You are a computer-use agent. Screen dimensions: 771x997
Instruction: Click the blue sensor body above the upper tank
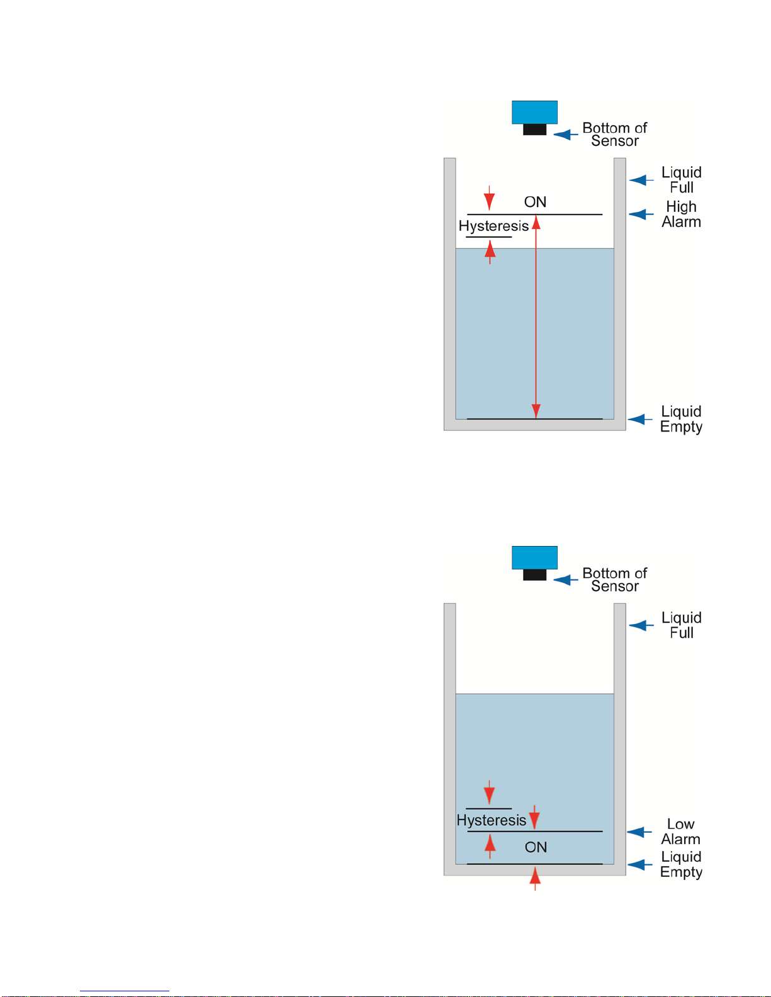534,112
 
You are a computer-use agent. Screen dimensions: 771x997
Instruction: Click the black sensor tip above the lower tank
534,574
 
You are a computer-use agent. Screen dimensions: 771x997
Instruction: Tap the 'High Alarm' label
681,214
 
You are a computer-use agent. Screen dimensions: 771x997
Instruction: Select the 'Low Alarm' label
680,832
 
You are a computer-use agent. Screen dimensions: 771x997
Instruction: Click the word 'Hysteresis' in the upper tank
493,226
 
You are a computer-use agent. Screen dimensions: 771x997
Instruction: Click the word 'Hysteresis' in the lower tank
492,820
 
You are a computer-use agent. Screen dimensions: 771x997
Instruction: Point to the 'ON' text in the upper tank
535,202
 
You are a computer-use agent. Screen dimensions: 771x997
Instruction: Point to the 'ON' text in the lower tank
536,847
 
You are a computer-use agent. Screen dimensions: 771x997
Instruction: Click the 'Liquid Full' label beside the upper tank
681,180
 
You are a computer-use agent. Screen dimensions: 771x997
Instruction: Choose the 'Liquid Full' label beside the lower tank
681,625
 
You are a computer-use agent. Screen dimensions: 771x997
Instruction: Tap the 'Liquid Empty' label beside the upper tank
681,419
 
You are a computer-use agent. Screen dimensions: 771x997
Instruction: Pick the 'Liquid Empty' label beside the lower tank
681,864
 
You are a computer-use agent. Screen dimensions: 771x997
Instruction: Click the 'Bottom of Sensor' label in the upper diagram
614,135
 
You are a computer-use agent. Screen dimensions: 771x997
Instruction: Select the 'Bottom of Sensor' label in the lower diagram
614,580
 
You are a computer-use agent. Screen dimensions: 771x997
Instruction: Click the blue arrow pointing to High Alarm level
641,214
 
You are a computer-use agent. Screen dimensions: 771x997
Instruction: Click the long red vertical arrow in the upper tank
536,315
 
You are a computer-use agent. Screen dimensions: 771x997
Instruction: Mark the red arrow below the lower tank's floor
535,878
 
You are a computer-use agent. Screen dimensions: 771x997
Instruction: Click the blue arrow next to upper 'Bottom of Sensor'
565,135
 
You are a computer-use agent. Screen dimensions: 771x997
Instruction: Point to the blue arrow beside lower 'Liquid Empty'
639,865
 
